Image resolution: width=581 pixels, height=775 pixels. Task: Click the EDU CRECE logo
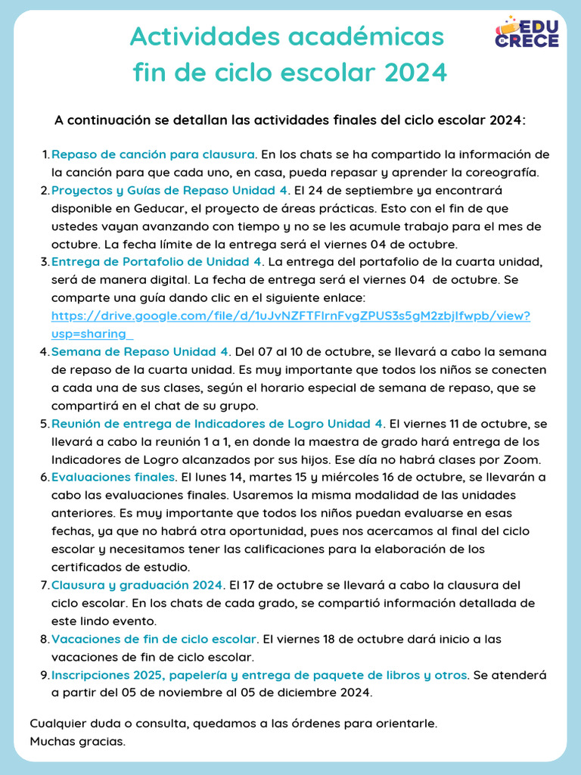pos(527,32)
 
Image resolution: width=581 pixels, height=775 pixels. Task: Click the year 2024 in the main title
pos(415,73)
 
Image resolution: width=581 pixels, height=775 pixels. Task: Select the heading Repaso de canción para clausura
pos(154,155)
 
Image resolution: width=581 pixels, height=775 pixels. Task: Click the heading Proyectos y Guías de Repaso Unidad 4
pos(169,190)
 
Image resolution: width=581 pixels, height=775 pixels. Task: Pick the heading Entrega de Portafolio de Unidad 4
pos(157,262)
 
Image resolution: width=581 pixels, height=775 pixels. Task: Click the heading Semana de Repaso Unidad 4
pos(140,352)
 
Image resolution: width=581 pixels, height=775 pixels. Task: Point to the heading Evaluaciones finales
pos(113,477)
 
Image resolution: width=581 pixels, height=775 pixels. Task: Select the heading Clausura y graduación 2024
pos(137,585)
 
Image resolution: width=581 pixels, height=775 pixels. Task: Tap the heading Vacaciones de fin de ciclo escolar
pos(154,640)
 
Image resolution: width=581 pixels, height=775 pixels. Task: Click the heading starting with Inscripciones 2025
pos(259,675)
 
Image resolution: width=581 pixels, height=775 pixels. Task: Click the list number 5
pos(44,423)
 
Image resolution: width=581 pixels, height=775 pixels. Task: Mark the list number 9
pos(44,675)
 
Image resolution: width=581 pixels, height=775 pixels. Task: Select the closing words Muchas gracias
pos(77,741)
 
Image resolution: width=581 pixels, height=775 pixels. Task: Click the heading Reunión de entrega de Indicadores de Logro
pos(217,423)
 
